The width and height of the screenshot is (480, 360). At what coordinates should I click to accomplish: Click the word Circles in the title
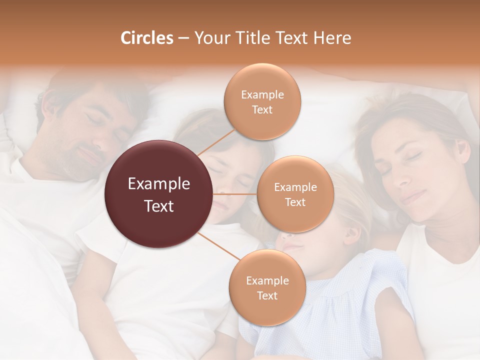[147, 38]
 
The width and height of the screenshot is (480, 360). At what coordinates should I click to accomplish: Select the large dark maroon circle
[159, 194]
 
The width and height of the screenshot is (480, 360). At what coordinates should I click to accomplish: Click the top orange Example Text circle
[262, 102]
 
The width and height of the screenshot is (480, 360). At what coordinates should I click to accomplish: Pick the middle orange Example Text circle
[295, 194]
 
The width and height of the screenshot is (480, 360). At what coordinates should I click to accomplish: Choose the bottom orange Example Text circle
[267, 288]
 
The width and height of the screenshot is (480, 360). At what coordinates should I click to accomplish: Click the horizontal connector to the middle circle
[235, 194]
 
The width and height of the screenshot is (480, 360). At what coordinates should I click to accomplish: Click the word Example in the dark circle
[159, 184]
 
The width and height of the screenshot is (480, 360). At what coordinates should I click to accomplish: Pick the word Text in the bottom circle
[267, 295]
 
